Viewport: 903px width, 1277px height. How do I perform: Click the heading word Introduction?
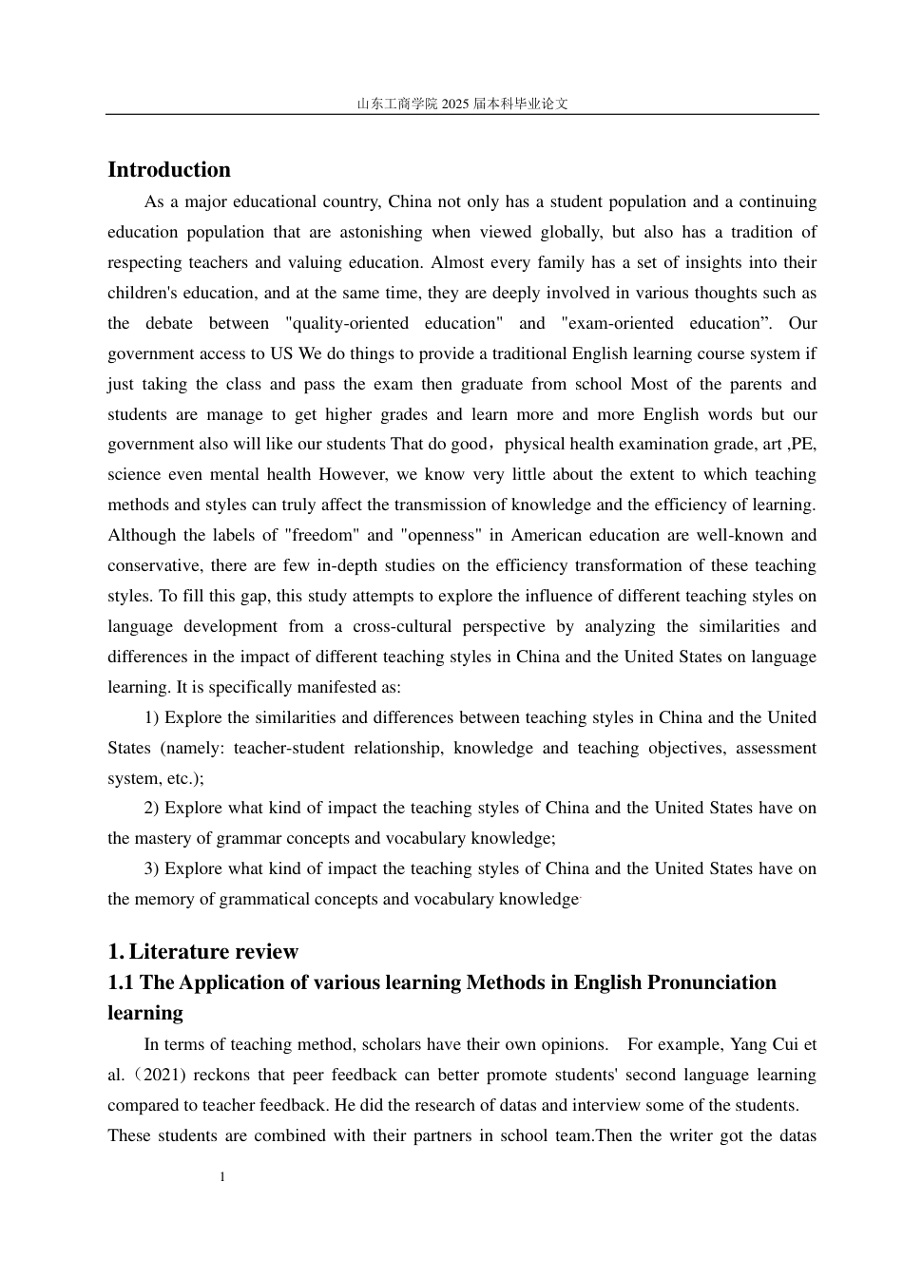coord(169,170)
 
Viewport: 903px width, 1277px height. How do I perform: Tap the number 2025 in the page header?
coord(456,104)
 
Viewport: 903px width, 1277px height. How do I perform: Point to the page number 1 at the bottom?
coord(222,1177)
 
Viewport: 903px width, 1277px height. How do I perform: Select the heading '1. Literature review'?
coord(202,952)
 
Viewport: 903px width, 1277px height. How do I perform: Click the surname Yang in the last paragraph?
coord(748,1045)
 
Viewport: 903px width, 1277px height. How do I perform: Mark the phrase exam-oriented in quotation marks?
coord(621,324)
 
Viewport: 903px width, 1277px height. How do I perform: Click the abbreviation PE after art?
coord(803,445)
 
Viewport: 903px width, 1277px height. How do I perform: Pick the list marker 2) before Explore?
coord(152,809)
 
